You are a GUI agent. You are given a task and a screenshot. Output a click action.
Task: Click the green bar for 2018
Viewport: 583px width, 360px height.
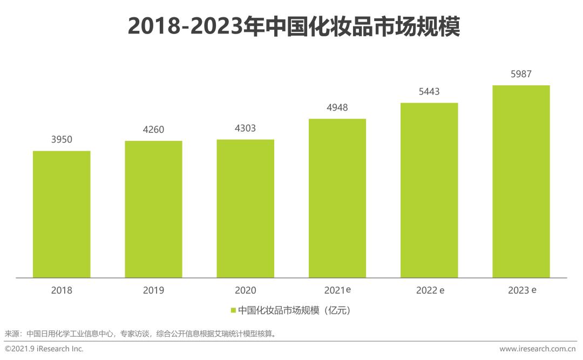[62, 214]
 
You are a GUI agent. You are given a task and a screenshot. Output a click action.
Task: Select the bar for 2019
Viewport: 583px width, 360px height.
[153, 209]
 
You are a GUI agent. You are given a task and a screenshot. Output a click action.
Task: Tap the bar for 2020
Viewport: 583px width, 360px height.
[245, 209]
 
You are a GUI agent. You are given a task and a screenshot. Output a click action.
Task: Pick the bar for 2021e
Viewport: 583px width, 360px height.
[337, 198]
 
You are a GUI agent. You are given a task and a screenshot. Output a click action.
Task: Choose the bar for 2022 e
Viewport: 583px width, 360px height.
[429, 191]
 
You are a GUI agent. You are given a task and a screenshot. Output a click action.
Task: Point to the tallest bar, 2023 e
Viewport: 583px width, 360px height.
[521, 181]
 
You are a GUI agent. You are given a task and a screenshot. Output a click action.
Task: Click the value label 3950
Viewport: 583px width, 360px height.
[62, 140]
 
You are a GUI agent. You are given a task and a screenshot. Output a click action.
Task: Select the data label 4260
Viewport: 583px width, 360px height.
[153, 130]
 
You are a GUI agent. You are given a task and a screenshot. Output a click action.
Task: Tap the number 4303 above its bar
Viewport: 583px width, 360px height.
[245, 128]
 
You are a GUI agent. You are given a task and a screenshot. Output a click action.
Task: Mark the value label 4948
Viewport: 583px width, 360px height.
[337, 107]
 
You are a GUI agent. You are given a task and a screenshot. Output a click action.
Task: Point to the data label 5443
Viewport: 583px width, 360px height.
[429, 92]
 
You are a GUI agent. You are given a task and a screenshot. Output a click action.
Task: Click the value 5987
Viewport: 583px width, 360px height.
[521, 74]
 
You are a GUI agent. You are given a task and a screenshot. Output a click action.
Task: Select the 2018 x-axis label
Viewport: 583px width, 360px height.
[62, 290]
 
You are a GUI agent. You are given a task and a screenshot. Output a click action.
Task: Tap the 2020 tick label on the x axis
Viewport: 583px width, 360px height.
[245, 290]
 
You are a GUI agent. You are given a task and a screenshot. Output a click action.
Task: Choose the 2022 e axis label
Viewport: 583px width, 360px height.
[430, 290]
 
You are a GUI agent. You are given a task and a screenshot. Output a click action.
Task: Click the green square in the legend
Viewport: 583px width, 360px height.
[233, 310]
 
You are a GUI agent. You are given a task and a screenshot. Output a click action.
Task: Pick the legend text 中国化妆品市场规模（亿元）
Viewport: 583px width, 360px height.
[295, 310]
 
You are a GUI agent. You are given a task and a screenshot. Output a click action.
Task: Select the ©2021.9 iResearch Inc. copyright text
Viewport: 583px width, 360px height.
[44, 349]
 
